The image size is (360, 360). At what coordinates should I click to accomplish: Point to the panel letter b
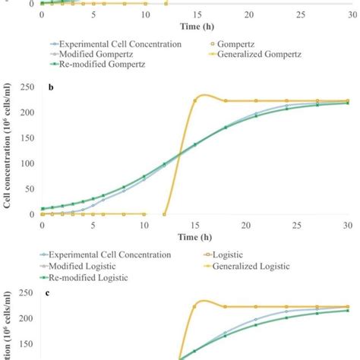click(50, 88)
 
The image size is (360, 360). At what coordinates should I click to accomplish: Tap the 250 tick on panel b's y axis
click(28, 87)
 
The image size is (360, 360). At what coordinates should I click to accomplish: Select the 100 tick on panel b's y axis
click(28, 163)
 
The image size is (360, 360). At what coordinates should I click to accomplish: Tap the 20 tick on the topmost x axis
click(248, 14)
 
